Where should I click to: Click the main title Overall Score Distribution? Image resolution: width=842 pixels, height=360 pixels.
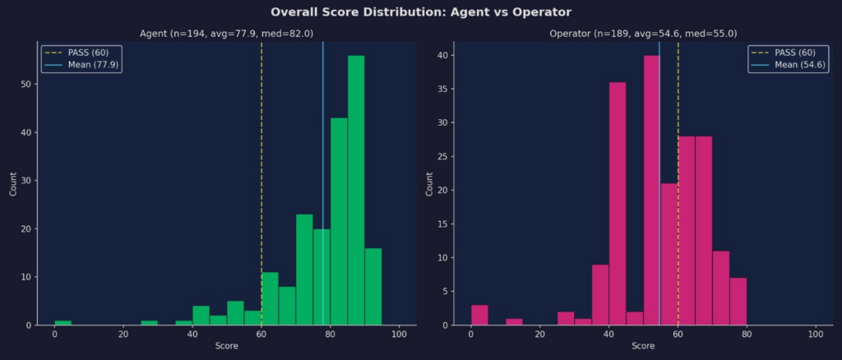421,12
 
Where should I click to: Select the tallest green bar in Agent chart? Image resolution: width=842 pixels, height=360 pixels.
356,190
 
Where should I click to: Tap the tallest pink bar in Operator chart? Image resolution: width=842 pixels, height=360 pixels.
651,190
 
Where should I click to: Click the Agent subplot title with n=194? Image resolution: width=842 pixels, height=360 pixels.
226,34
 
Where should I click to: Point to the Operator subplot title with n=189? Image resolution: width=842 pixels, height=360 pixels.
643,34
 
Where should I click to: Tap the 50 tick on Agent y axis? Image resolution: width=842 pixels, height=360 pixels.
27,85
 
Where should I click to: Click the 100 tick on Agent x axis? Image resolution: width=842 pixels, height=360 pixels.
399,335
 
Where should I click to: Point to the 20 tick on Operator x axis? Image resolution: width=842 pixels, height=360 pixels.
539,335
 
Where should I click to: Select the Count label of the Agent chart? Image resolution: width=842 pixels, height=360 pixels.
13,182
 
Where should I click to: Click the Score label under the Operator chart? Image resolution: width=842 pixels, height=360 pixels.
643,346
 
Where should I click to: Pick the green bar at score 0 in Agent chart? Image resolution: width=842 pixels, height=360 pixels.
63,322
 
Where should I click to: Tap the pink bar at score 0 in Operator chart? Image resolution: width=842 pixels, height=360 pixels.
479,315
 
